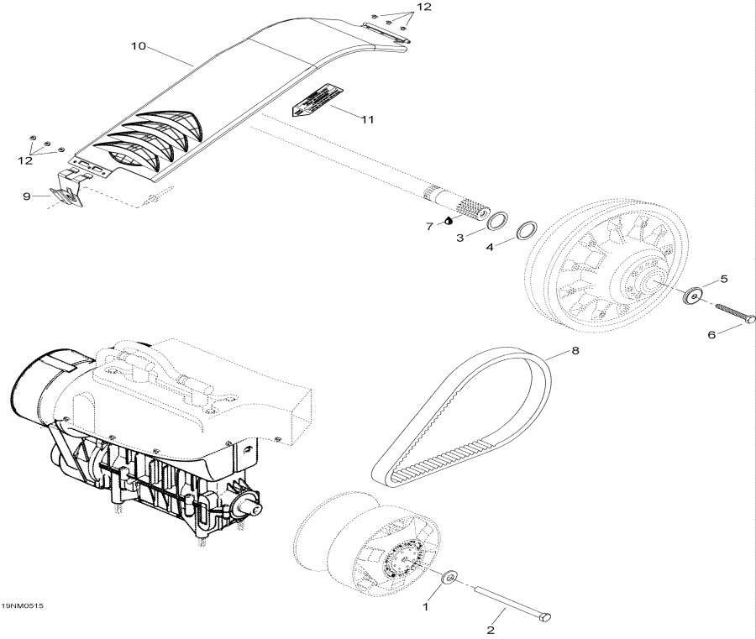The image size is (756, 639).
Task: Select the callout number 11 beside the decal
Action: coord(366,120)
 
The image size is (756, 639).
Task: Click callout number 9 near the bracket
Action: coord(26,197)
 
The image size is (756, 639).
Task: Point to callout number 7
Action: coord(429,226)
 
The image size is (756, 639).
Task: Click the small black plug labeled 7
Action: coord(449,222)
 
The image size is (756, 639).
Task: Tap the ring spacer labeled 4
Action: coord(527,229)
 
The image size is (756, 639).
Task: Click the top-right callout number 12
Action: coord(423,7)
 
